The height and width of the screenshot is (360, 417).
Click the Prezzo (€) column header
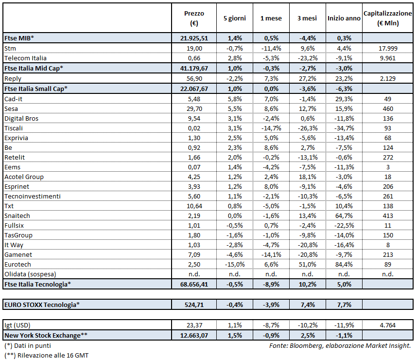click(194, 18)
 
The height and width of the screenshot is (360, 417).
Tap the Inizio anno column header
click(344, 18)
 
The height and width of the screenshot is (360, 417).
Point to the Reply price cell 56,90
click(194, 78)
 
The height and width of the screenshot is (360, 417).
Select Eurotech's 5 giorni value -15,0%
click(234, 264)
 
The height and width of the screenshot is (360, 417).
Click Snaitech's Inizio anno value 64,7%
click(344, 215)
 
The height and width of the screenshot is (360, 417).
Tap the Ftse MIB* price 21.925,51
click(194, 38)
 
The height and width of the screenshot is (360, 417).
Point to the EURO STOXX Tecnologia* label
click(42, 305)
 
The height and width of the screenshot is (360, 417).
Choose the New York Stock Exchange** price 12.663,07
click(194, 335)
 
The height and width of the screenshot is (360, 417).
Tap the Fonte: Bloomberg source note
click(340, 345)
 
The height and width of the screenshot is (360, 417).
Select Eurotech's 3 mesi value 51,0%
click(307, 264)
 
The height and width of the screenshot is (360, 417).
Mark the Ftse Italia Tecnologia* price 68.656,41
click(194, 284)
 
